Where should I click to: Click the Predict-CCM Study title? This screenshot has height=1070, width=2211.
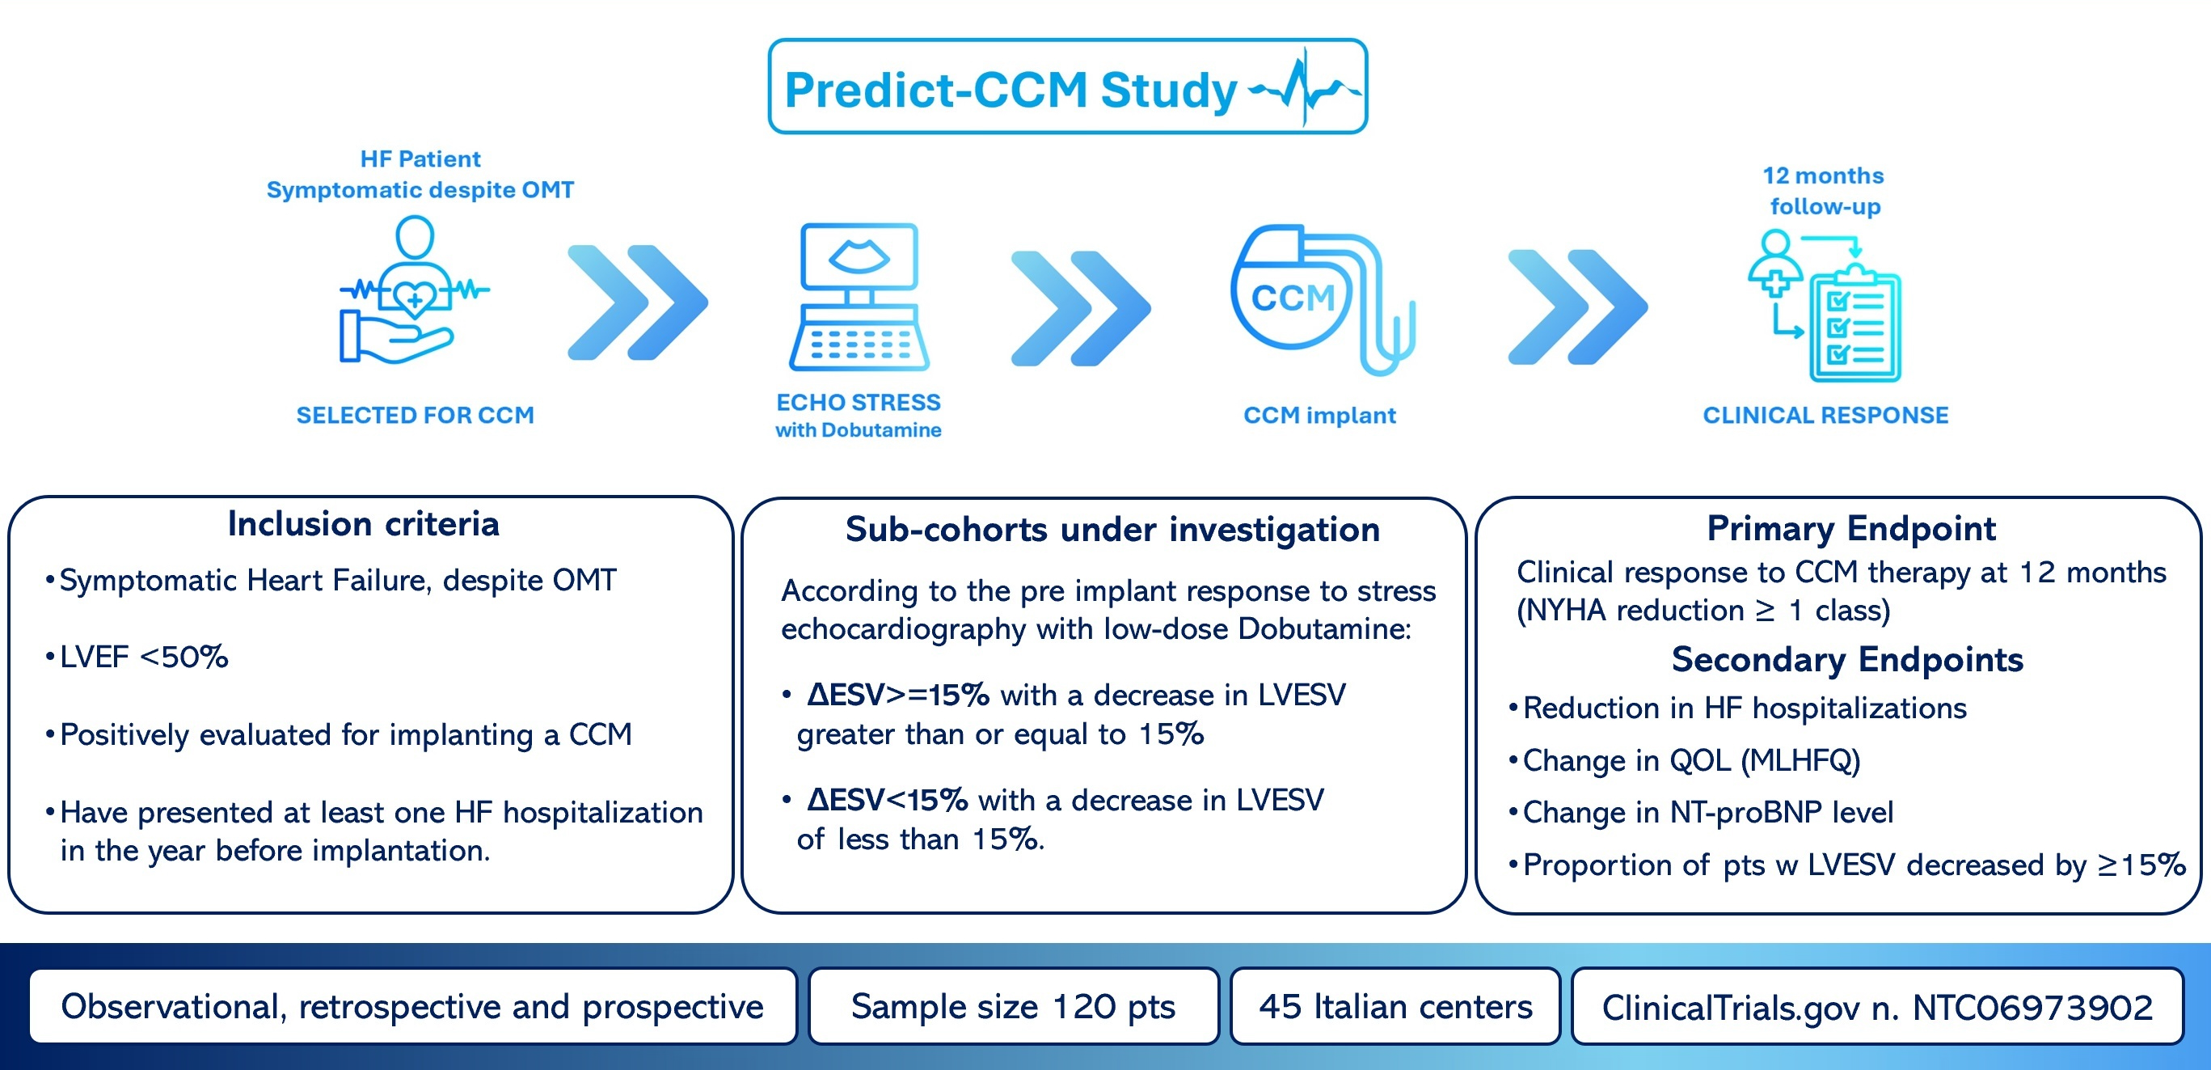click(x=1011, y=90)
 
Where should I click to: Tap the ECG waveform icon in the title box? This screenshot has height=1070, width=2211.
click(x=1305, y=87)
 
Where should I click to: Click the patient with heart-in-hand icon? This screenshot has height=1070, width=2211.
click(x=415, y=290)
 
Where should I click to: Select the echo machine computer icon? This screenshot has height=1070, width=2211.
click(x=859, y=296)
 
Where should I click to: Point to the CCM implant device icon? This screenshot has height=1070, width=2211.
click(x=1322, y=300)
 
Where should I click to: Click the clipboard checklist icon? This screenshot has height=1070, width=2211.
click(x=1854, y=324)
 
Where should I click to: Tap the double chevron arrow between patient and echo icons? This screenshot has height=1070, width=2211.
click(x=637, y=302)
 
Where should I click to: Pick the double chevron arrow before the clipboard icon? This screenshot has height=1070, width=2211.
click(x=1577, y=307)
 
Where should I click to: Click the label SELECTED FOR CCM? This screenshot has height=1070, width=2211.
click(x=416, y=416)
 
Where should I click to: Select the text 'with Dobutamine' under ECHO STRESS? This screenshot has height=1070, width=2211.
click(x=859, y=430)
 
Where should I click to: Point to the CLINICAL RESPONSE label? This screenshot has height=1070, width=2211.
click(x=1825, y=416)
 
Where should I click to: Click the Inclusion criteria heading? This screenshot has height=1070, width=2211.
click(x=363, y=524)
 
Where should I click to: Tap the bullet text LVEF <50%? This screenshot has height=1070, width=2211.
click(x=143, y=657)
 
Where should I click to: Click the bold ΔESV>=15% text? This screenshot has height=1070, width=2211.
click(x=898, y=695)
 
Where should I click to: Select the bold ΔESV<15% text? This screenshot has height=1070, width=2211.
click(x=888, y=801)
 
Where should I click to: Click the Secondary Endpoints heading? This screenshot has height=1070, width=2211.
click(x=1847, y=659)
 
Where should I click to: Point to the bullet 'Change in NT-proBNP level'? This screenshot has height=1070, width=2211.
click(x=1707, y=812)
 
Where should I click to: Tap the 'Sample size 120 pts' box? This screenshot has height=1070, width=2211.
click(x=1014, y=1006)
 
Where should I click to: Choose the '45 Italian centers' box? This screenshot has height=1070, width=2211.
click(x=1395, y=1006)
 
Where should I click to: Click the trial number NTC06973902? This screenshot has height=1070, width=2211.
click(x=2032, y=1007)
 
